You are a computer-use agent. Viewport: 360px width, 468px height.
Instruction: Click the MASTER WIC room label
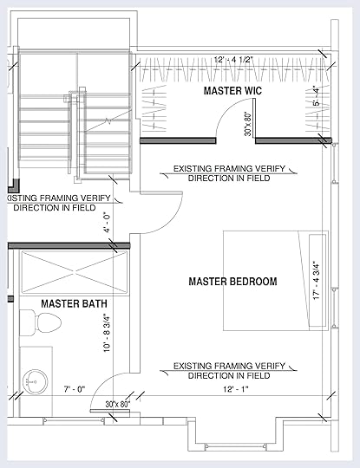(x=232, y=91)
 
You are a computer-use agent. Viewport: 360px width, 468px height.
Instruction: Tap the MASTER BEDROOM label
(x=232, y=282)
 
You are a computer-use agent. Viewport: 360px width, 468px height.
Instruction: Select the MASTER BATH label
(x=74, y=304)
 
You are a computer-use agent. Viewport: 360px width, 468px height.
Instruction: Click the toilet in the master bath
(x=40, y=322)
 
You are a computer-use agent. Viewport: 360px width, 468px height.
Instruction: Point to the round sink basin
(x=36, y=381)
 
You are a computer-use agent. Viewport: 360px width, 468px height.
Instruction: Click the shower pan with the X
(x=75, y=271)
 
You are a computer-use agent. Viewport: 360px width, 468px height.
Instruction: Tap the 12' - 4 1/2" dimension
(x=233, y=60)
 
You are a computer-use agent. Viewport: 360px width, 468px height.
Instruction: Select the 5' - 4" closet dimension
(x=317, y=96)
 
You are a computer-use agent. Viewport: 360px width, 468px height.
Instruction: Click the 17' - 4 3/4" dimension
(x=317, y=281)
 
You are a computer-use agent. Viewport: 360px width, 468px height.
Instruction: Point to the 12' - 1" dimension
(x=236, y=389)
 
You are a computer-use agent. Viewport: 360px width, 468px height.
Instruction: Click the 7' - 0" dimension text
(x=75, y=389)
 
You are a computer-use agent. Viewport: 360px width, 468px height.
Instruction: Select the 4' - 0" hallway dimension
(x=108, y=223)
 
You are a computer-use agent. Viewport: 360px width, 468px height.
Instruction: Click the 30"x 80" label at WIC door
(x=248, y=124)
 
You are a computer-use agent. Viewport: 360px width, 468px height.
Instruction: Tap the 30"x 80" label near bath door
(x=118, y=405)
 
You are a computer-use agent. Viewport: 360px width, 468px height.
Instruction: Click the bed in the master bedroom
(x=276, y=281)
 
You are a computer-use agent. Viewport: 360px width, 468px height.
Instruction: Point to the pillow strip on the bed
(x=317, y=281)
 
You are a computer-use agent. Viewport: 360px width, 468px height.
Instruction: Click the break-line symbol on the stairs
(x=108, y=121)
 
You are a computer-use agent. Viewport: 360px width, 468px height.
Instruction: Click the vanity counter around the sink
(x=36, y=381)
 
